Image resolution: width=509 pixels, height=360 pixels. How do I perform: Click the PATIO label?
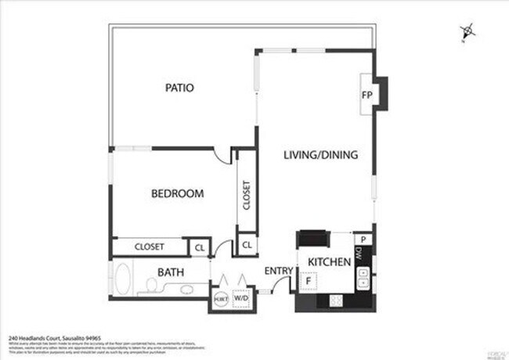click(179, 88)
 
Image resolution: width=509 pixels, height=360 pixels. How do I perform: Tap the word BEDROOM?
click(178, 193)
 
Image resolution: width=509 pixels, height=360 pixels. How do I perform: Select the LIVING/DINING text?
click(320, 155)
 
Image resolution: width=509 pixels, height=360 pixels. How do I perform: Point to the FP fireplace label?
click(366, 95)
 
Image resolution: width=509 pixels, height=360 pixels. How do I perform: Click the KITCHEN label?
click(328, 261)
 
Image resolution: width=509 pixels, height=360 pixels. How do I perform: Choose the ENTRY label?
click(278, 271)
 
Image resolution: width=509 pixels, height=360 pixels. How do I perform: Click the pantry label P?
click(363, 239)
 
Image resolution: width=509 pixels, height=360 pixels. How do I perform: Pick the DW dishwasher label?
click(358, 253)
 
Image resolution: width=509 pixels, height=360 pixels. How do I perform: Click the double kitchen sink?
click(363, 278)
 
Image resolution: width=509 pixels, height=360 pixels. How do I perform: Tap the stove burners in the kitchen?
click(336, 300)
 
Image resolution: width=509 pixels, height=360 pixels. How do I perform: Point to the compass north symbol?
click(467, 31)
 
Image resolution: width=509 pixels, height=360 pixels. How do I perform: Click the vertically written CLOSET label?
click(246, 196)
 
